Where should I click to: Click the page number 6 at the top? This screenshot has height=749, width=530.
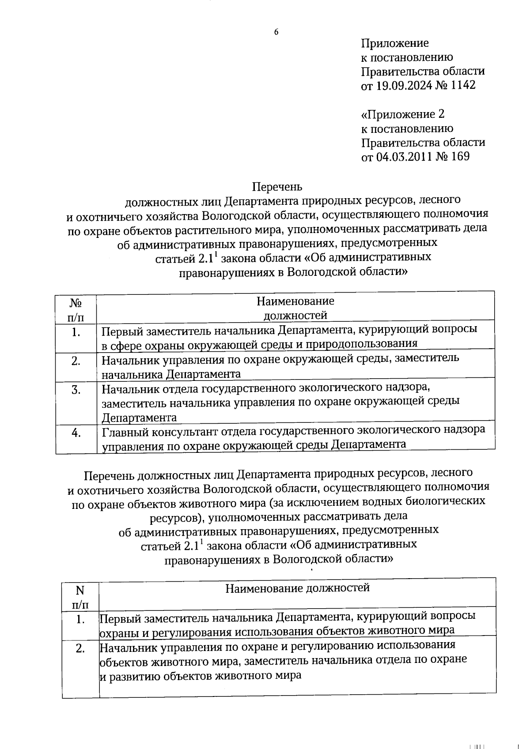click(x=276, y=32)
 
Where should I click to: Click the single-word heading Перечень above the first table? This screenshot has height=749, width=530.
click(x=277, y=187)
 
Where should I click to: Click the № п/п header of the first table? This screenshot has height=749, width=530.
click(x=76, y=309)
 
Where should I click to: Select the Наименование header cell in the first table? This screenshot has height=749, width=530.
click(x=295, y=308)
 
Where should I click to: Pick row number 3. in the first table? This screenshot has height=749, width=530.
click(x=76, y=390)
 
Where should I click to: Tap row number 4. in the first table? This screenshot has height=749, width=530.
click(x=76, y=433)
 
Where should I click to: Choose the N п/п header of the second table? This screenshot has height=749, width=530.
click(x=80, y=597)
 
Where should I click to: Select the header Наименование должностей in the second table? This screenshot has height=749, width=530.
click(x=297, y=588)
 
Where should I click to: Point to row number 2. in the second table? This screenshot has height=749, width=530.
click(x=80, y=649)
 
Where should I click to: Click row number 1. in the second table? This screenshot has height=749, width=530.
click(x=80, y=620)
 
